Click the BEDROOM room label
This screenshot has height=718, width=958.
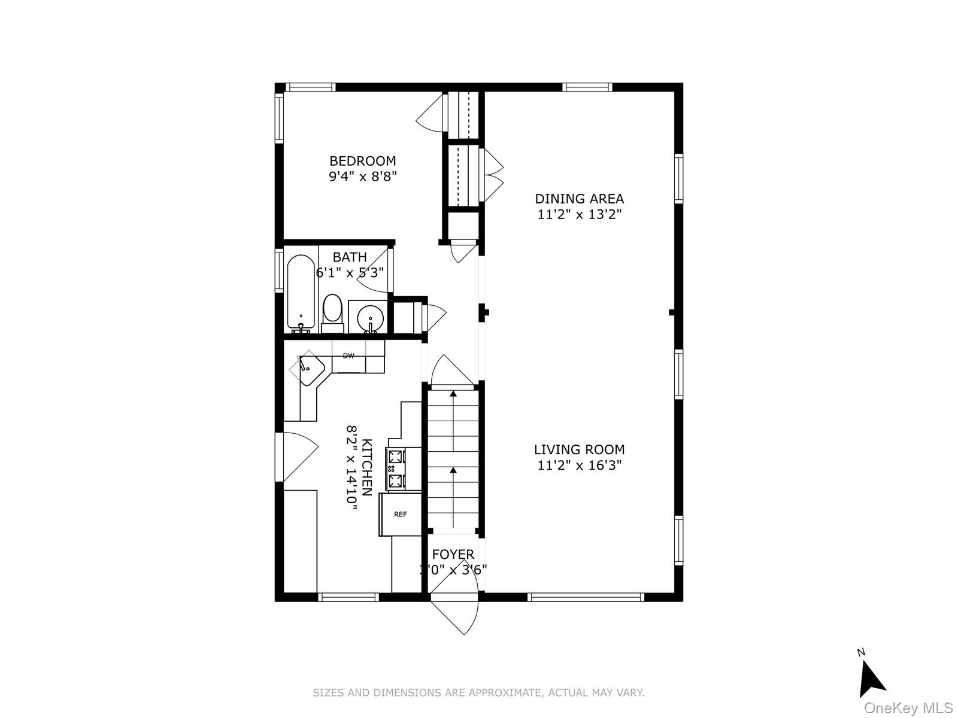362,161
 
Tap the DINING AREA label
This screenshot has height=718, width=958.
579,199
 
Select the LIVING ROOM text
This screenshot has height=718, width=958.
579,449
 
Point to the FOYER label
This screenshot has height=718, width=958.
453,555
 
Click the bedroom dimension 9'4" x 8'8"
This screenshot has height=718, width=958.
362,177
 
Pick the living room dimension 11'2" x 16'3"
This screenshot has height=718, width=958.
579,465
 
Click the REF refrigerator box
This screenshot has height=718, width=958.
400,514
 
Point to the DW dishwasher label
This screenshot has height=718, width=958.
348,356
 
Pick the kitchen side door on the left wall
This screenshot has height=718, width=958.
298,457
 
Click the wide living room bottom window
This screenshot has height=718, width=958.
585,597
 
